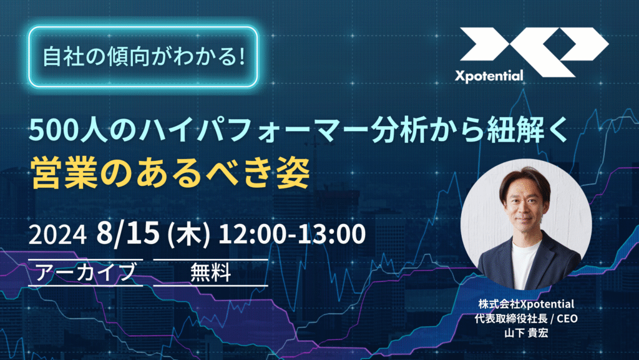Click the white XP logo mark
(535, 52)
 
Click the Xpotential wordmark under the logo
(489, 75)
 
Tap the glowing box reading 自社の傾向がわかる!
(143, 57)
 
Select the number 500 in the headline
(54, 131)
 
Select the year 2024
(57, 235)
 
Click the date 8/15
(127, 233)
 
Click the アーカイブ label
(85, 272)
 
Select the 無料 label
(211, 273)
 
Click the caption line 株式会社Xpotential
(526, 304)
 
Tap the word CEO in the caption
(567, 318)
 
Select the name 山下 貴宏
(526, 333)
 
